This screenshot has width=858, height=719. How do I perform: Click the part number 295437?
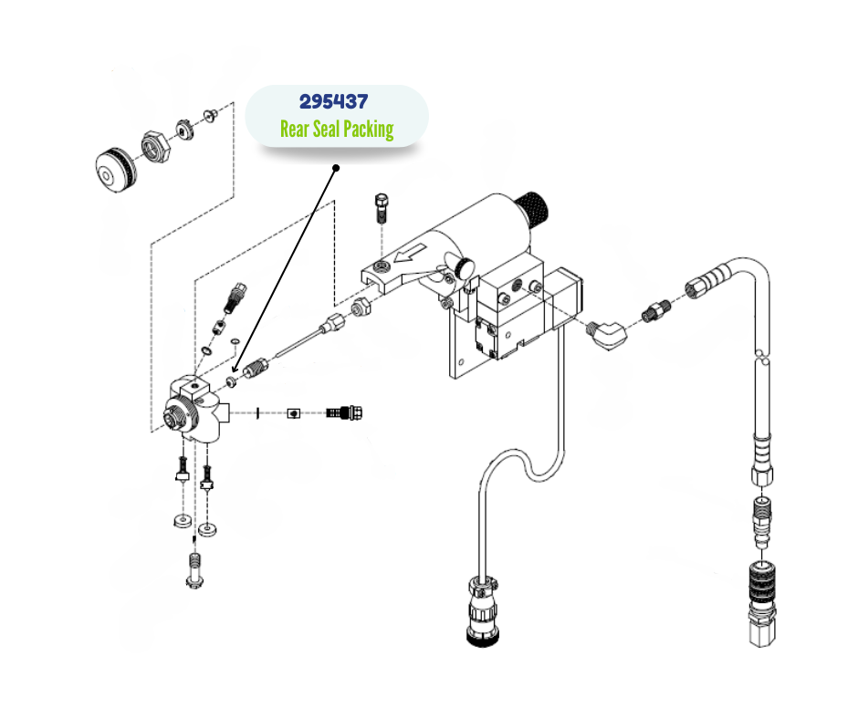tap(334, 101)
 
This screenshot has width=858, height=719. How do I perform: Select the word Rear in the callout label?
tap(295, 129)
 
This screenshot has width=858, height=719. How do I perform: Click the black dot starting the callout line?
tap(336, 168)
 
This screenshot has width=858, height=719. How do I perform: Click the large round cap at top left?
tap(117, 169)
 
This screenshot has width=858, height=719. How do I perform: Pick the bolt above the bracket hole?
tap(382, 210)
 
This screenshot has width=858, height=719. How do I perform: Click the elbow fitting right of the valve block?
tap(607, 332)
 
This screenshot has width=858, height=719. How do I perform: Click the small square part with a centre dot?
tap(293, 413)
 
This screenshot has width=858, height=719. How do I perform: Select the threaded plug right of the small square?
tap(346, 413)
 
